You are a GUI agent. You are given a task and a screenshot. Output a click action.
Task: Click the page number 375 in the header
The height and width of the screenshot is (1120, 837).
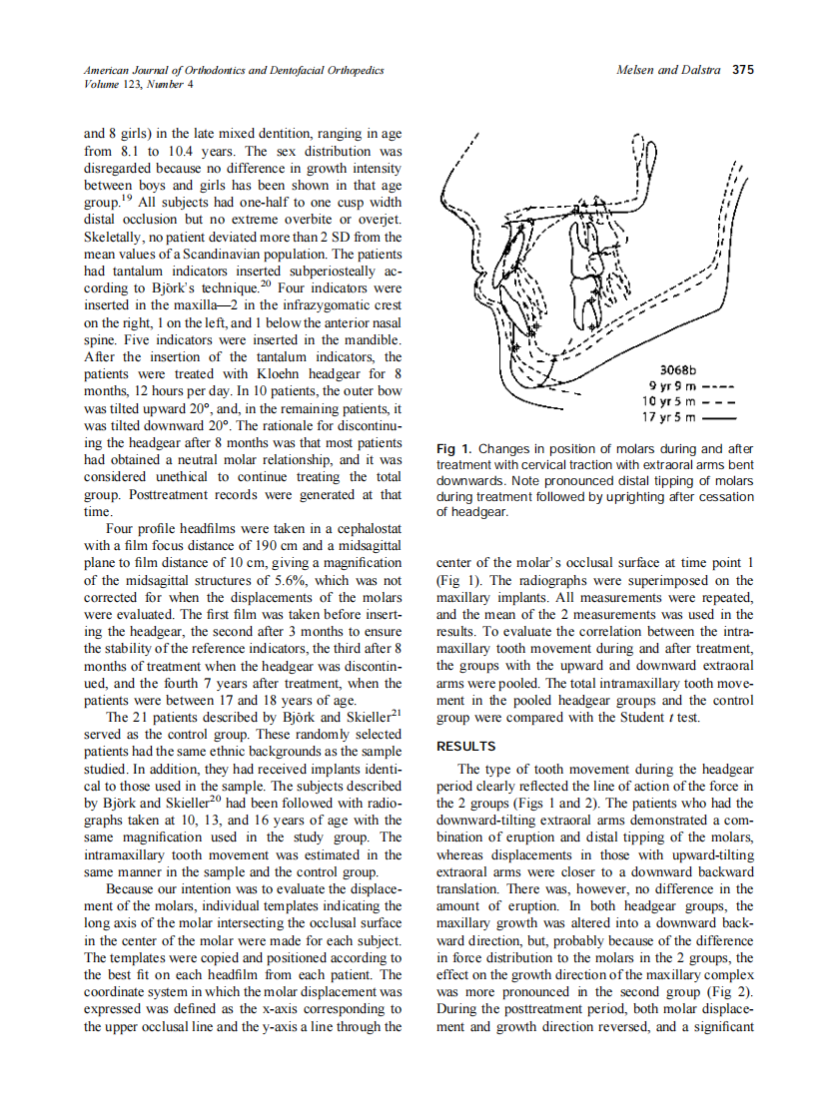(743, 71)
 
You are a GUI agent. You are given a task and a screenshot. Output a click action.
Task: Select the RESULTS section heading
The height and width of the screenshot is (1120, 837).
(466, 746)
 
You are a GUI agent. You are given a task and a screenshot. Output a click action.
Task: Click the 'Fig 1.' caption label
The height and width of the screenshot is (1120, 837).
(454, 449)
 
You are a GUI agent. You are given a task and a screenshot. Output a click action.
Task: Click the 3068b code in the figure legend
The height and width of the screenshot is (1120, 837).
(679, 370)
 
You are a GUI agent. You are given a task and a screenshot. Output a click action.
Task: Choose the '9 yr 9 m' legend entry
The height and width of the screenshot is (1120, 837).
(671, 385)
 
